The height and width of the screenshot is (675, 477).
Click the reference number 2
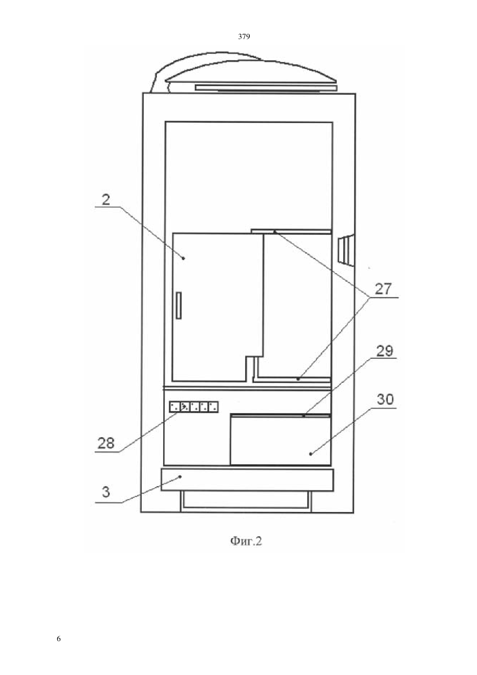click(x=106, y=200)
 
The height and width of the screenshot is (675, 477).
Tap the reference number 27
click(x=383, y=288)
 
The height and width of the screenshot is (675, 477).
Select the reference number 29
click(x=385, y=351)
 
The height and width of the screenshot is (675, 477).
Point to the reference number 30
click(x=385, y=399)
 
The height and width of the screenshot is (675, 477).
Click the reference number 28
click(x=106, y=443)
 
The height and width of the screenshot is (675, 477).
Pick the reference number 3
click(x=106, y=492)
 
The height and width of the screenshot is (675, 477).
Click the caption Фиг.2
click(x=246, y=541)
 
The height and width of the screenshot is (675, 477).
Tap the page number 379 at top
click(x=244, y=37)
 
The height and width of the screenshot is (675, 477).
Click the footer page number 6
click(x=59, y=639)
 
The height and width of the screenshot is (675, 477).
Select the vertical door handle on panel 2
click(x=179, y=305)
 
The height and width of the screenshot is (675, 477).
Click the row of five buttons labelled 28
click(x=194, y=407)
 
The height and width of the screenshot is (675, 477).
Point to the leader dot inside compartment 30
click(x=311, y=454)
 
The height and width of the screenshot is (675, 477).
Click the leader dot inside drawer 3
click(x=180, y=476)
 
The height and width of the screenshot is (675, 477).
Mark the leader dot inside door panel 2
click(x=183, y=258)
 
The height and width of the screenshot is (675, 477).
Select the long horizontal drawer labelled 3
click(x=247, y=480)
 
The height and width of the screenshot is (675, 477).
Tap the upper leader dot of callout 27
click(x=274, y=232)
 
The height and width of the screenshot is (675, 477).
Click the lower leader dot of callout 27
click(x=298, y=379)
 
